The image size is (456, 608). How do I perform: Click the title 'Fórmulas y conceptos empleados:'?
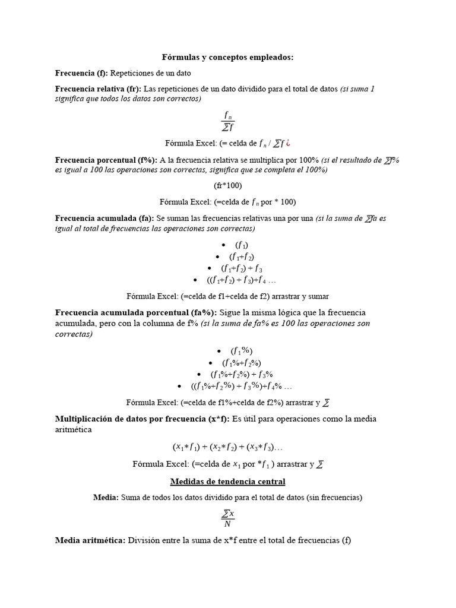(228, 57)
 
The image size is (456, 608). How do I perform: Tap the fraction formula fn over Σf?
(228, 121)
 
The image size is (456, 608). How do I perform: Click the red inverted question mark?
(288, 143)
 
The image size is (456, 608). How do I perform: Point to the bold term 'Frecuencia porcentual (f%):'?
(106, 160)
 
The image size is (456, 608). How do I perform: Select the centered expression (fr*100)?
(228, 185)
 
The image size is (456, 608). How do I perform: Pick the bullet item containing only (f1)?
(242, 245)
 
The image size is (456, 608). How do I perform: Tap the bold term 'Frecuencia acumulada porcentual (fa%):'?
(137, 312)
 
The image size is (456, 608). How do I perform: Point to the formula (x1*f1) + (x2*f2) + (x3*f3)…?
(228, 446)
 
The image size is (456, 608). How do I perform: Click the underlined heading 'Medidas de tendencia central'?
(228, 481)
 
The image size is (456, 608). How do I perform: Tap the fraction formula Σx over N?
(228, 518)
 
